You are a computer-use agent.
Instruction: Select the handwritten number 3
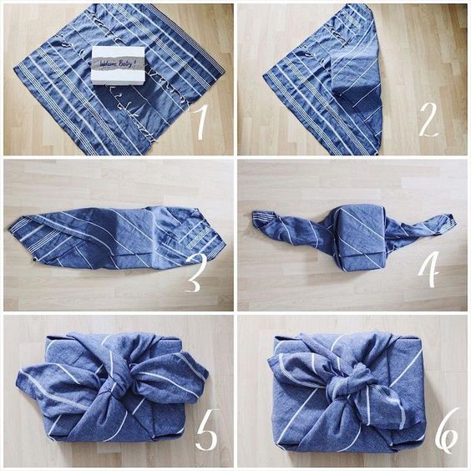pyautogui.click(x=193, y=275)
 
